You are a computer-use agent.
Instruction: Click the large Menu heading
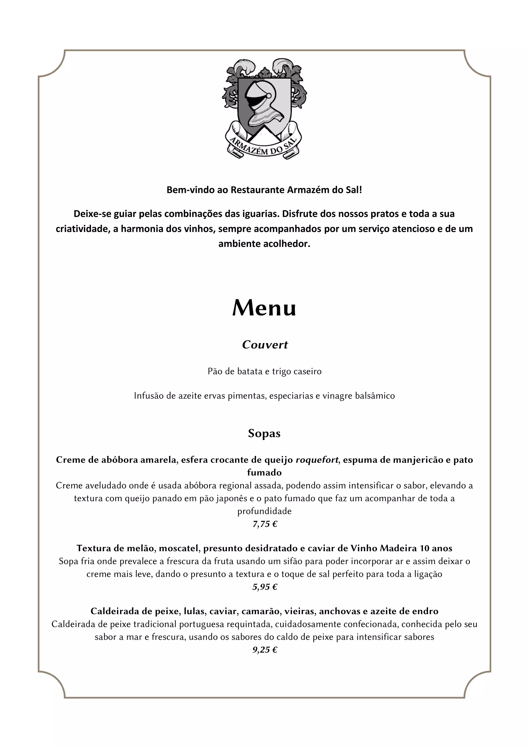tap(264, 308)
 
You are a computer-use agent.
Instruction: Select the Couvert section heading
tap(265, 345)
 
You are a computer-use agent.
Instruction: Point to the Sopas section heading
tap(264, 433)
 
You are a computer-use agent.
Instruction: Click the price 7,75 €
tap(265, 524)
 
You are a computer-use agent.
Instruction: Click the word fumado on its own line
tap(264, 472)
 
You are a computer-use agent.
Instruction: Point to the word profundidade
tap(264, 511)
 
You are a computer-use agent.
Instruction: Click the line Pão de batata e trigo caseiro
tap(264, 371)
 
